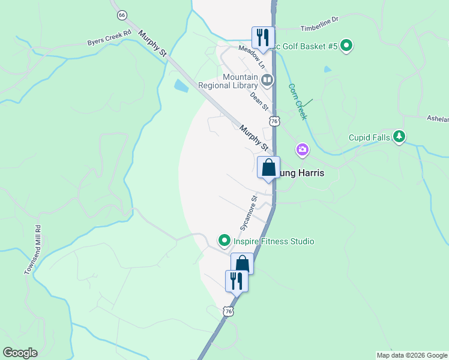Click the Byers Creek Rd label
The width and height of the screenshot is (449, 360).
[x=109, y=39]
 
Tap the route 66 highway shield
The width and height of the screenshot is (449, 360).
[x=122, y=14]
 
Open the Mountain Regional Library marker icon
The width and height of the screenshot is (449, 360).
[x=267, y=79]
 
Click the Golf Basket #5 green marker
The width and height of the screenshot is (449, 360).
[x=346, y=46]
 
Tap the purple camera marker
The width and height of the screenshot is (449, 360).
[x=302, y=149]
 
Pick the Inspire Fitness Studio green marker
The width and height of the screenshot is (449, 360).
[x=224, y=241]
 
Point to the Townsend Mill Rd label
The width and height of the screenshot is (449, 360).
[x=33, y=250]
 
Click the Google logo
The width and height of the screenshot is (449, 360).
[x=20, y=353]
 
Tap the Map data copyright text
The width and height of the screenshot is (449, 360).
[x=412, y=355]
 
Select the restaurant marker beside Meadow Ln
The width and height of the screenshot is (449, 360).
[x=262, y=38]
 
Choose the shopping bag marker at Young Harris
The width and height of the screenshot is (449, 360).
[x=268, y=167]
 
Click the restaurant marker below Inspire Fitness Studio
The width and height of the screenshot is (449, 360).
[x=237, y=281]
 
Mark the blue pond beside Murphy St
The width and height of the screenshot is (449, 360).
[x=181, y=86]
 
